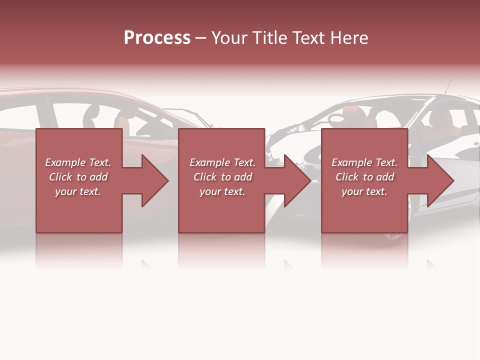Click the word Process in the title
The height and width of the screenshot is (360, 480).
(157, 38)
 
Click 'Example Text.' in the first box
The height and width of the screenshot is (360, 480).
(78, 162)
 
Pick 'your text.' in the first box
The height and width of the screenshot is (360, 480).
(78, 191)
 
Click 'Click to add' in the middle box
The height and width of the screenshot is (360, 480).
(222, 177)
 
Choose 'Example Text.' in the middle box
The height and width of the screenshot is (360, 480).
(222, 162)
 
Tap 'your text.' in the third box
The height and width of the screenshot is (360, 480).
(364, 191)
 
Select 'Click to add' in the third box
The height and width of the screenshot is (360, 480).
(364, 177)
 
